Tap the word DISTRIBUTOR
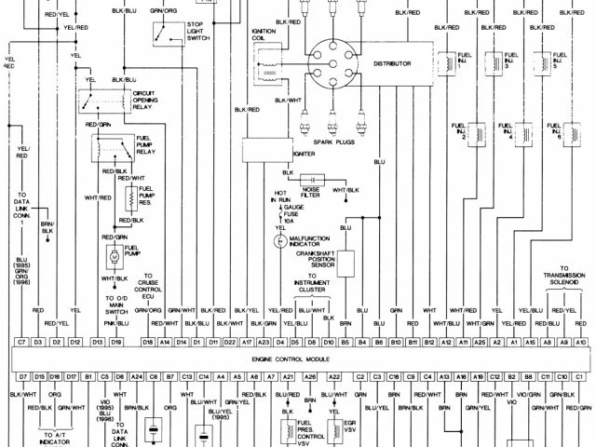tap(392, 63)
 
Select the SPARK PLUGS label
tap(336, 139)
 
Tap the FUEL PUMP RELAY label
tap(144, 144)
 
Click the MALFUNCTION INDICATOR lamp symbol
tap(278, 240)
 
